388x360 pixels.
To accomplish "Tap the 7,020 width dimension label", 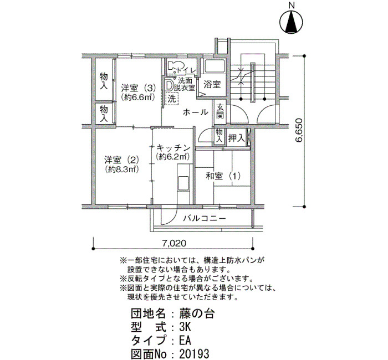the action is tap(174, 243).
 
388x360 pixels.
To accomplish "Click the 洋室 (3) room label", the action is tap(139, 88).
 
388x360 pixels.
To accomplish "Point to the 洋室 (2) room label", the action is tap(121, 160).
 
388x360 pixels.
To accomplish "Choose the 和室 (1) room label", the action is tap(223, 176).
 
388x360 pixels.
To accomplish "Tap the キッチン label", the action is tap(173, 148).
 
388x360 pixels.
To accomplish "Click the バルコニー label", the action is tap(205, 219).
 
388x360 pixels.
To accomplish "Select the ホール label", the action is tap(196, 112).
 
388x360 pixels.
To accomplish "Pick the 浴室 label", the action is tap(212, 84).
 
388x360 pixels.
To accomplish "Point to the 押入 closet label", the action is tap(236, 138).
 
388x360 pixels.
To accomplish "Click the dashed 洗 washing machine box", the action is tap(172, 99).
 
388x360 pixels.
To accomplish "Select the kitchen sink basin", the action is tap(183, 183).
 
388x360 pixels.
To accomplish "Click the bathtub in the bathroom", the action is tap(214, 67).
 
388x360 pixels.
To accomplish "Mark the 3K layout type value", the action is tap(185, 328).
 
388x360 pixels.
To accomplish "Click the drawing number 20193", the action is tap(194, 353).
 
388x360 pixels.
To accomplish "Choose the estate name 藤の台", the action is tap(197, 315).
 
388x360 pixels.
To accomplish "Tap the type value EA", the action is tap(185, 341).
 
